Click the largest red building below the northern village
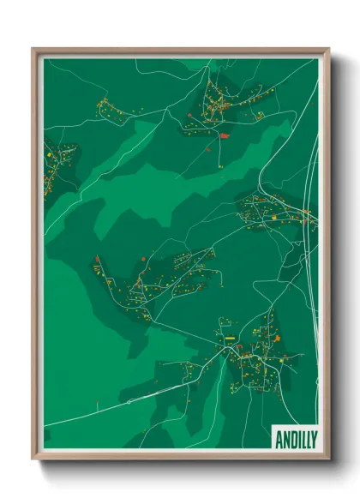[x=225, y=135]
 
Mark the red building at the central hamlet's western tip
[x=98, y=259]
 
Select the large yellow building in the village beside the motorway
[x=273, y=218]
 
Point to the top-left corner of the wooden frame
[x=33, y=49]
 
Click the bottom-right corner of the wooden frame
[x=328, y=459]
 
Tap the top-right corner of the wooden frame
[x=328, y=49]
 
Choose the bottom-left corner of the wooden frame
[x=33, y=459]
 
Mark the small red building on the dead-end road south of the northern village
[x=207, y=147]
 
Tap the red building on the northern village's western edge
[x=190, y=113]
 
